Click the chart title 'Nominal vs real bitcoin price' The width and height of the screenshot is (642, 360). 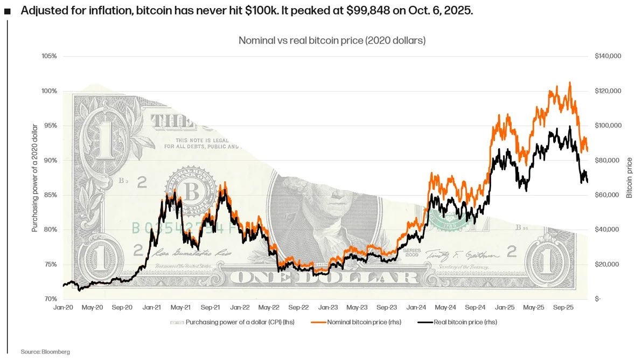coord(332,40)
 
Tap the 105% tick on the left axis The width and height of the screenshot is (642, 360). coord(49,56)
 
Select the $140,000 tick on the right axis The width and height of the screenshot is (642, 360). coord(608,56)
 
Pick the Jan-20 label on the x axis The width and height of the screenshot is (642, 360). coord(64,307)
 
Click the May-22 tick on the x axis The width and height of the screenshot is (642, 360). coord(269,307)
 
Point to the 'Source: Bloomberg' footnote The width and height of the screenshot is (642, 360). coord(45,351)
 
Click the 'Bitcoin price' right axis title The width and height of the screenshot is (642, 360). coord(629,178)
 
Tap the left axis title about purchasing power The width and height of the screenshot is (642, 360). coord(35,178)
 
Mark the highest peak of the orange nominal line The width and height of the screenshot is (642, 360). coord(570,82)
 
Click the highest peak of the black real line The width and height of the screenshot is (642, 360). coord(570,127)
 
